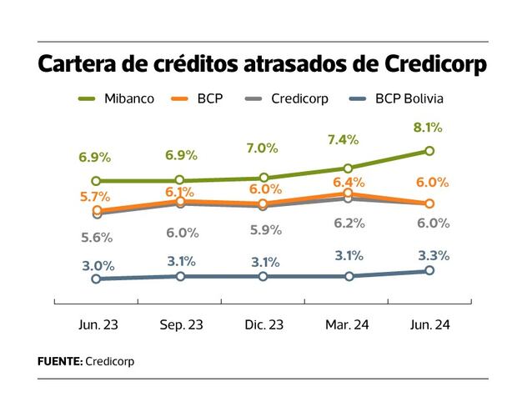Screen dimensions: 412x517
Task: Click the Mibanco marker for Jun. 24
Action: pyautogui.click(x=429, y=151)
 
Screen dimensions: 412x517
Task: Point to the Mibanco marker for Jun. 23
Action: pyautogui.click(x=96, y=181)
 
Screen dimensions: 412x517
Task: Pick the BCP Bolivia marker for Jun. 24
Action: pyautogui.click(x=429, y=271)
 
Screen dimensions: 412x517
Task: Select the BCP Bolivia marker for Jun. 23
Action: pyautogui.click(x=96, y=279)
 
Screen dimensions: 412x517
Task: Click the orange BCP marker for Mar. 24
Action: pyautogui.click(x=348, y=193)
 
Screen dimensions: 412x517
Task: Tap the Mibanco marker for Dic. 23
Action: pyautogui.click(x=263, y=178)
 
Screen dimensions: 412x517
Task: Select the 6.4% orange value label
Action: pyautogui.click(x=349, y=181)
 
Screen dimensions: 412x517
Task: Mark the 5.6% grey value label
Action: pyautogui.click(x=96, y=237)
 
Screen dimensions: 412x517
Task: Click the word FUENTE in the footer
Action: pyautogui.click(x=59, y=362)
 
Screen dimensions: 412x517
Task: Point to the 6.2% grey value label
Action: pyautogui.click(x=349, y=224)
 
